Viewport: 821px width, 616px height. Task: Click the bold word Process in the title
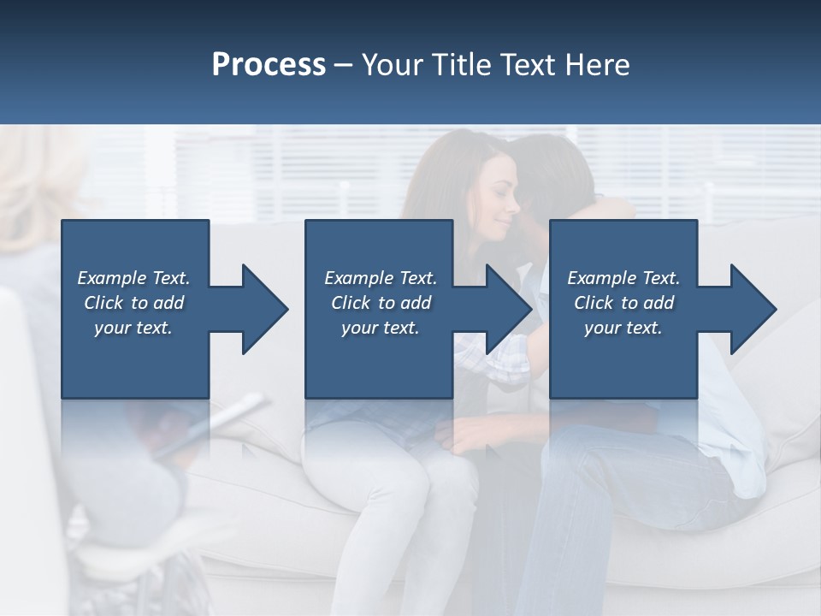click(x=269, y=65)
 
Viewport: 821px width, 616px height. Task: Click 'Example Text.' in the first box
click(x=133, y=278)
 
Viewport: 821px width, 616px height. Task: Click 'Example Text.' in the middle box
click(x=381, y=278)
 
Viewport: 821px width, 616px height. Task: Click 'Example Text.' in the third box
click(x=623, y=278)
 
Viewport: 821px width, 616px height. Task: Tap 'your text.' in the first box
click(x=133, y=328)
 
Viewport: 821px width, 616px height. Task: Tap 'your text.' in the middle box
click(x=381, y=328)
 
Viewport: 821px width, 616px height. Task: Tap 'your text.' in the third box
click(x=623, y=328)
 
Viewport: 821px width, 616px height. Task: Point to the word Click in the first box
click(x=104, y=303)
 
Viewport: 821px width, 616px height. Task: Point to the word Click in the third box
click(x=594, y=303)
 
